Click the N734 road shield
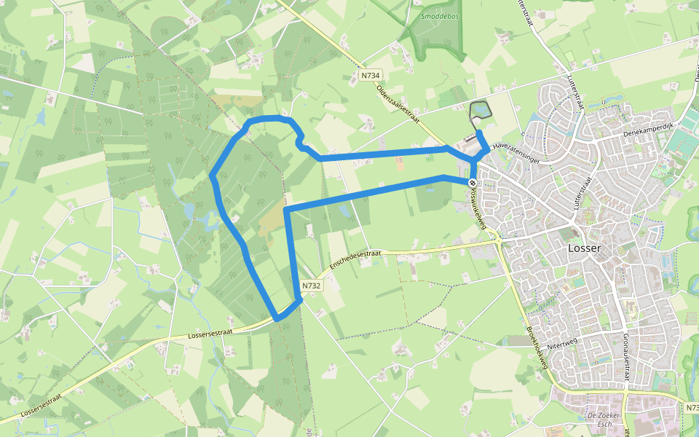pos(371,75)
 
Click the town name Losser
pos(585,248)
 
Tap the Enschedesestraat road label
pos(355,258)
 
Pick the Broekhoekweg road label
pos(537,347)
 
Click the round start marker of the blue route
pos(473,182)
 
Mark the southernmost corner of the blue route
pos(277,319)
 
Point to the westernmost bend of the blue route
pos(211,176)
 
